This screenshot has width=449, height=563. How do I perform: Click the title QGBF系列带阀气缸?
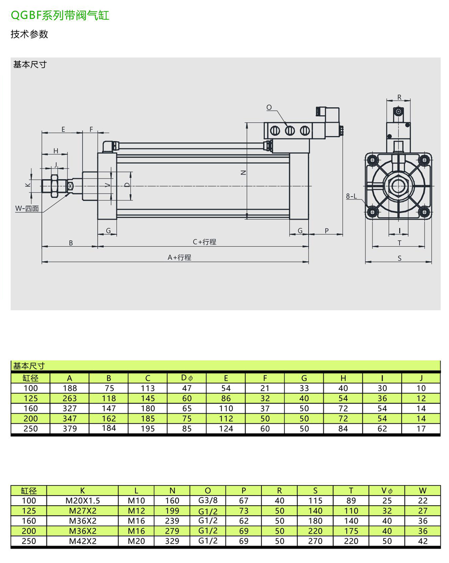point(60,15)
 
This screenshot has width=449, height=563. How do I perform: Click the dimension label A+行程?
point(179,257)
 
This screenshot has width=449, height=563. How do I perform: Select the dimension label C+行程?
point(205,242)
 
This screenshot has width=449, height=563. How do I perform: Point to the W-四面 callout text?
point(27,208)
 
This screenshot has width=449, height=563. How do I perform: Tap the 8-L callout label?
point(352,196)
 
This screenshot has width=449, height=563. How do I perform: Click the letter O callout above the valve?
point(269,107)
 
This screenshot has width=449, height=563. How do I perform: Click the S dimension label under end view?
point(400,258)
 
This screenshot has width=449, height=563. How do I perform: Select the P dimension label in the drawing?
point(326,230)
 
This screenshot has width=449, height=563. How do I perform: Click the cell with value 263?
point(70,398)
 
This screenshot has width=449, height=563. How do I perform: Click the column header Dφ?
point(186,378)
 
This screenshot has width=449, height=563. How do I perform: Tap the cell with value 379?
point(70,428)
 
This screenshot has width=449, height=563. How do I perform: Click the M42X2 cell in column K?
point(83,541)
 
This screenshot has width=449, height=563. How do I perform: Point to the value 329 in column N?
point(172,541)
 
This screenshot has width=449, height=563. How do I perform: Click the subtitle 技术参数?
point(29,34)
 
